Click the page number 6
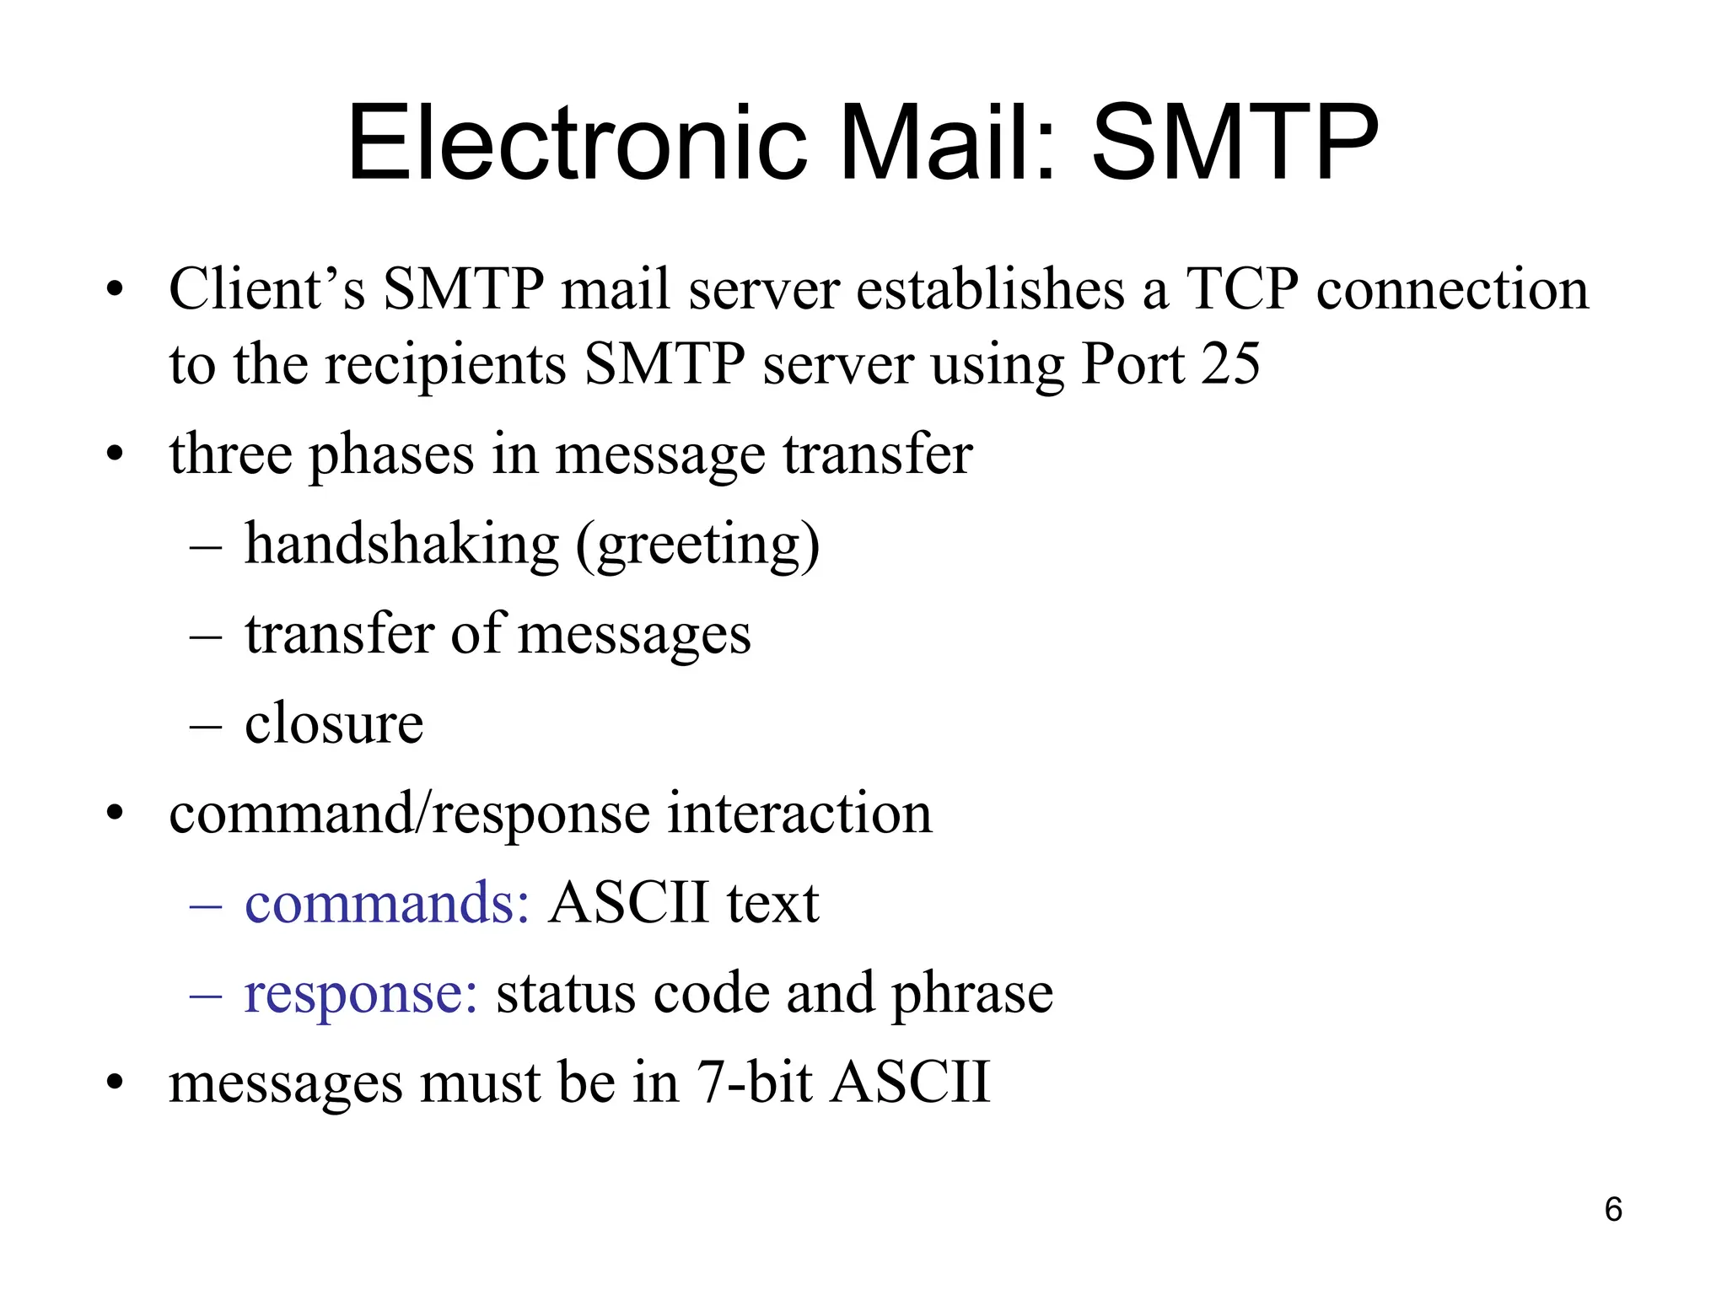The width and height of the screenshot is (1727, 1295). pyautogui.click(x=1612, y=1209)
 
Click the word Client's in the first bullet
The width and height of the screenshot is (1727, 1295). pyautogui.click(x=266, y=290)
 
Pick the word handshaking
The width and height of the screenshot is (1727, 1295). pyautogui.click(x=401, y=544)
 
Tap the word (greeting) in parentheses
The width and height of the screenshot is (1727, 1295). pyautogui.click(x=697, y=545)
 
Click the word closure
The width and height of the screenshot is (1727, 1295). pyautogui.click(x=334, y=723)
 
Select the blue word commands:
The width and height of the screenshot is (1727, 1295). pyautogui.click(x=387, y=903)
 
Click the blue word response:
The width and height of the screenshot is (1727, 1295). pyautogui.click(x=361, y=993)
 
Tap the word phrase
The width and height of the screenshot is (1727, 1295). pyautogui.click(x=972, y=993)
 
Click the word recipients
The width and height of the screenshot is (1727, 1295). pyautogui.click(x=445, y=364)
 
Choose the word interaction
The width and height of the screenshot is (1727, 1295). pyautogui.click(x=799, y=814)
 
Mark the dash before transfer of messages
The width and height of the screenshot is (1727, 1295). pyautogui.click(x=206, y=635)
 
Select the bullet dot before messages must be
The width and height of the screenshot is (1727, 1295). pyautogui.click(x=116, y=1083)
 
